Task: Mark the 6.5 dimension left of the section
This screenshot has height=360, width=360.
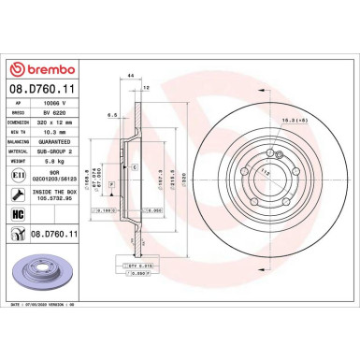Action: [111, 115]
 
